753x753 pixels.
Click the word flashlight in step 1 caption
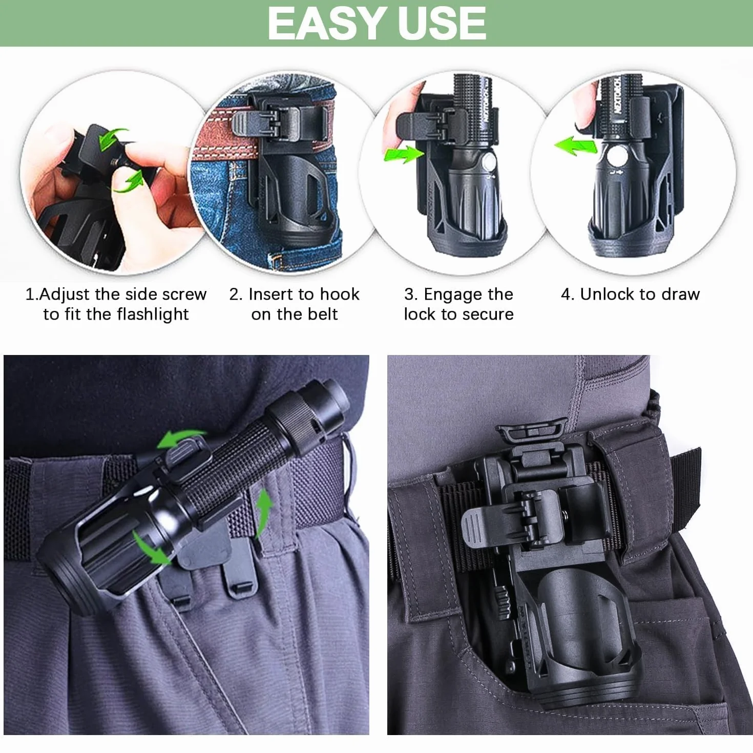click(153, 315)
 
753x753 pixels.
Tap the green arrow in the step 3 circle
click(404, 154)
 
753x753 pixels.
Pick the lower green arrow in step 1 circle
click(129, 182)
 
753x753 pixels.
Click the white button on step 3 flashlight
click(489, 162)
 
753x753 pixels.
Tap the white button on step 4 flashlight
click(617, 156)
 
